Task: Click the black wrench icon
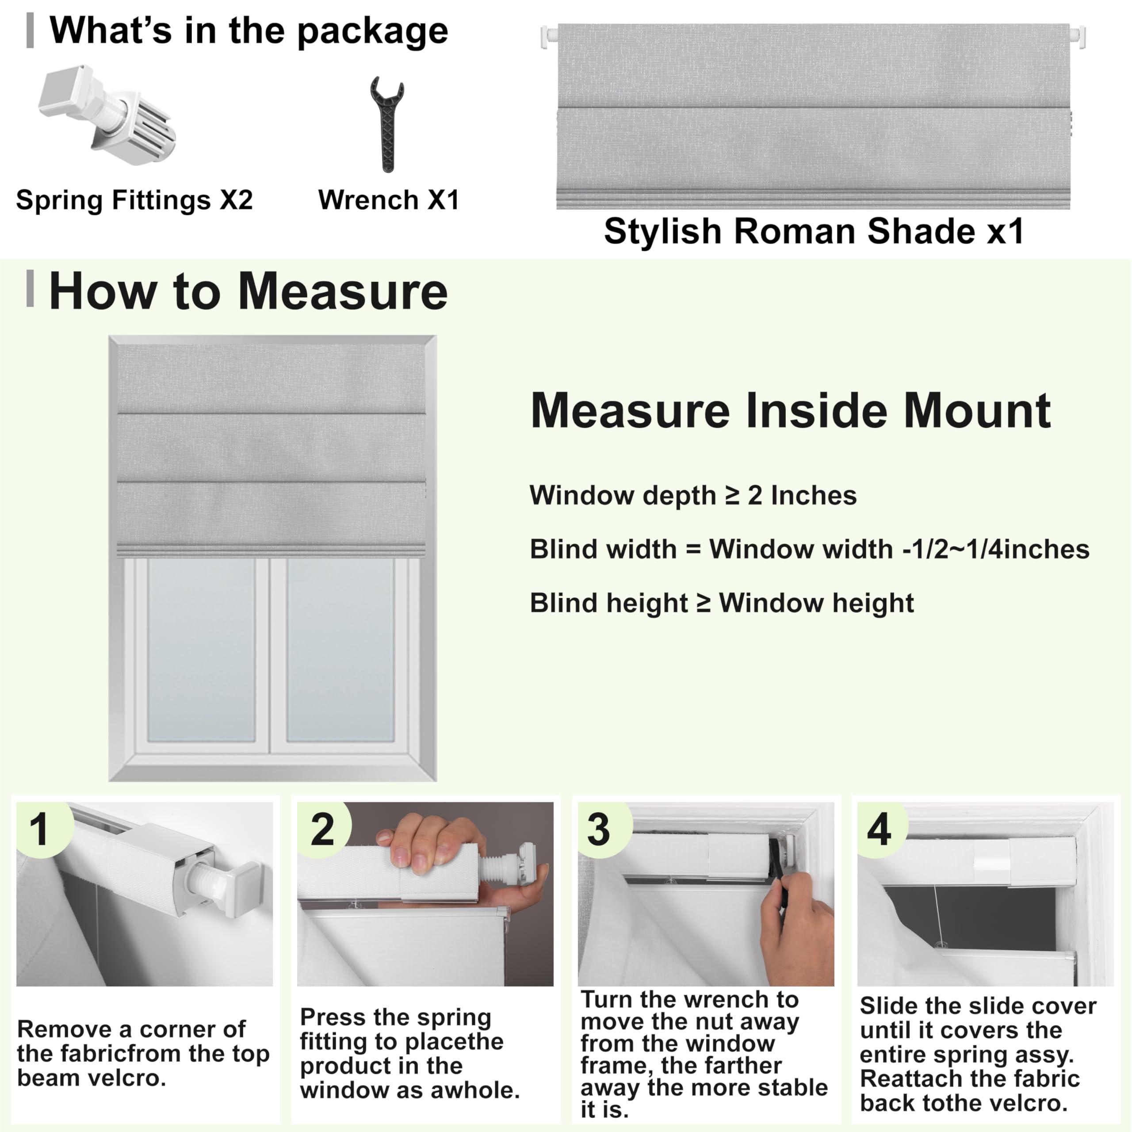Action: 387,124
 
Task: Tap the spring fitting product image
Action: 107,115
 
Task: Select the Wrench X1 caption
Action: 389,200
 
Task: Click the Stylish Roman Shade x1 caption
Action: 814,231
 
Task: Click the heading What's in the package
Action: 249,31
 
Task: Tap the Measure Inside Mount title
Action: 790,411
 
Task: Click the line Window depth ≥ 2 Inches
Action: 692,496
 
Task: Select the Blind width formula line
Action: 809,550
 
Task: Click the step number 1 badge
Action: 40,830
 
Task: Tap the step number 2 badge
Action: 322,830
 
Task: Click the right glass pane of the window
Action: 340,650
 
